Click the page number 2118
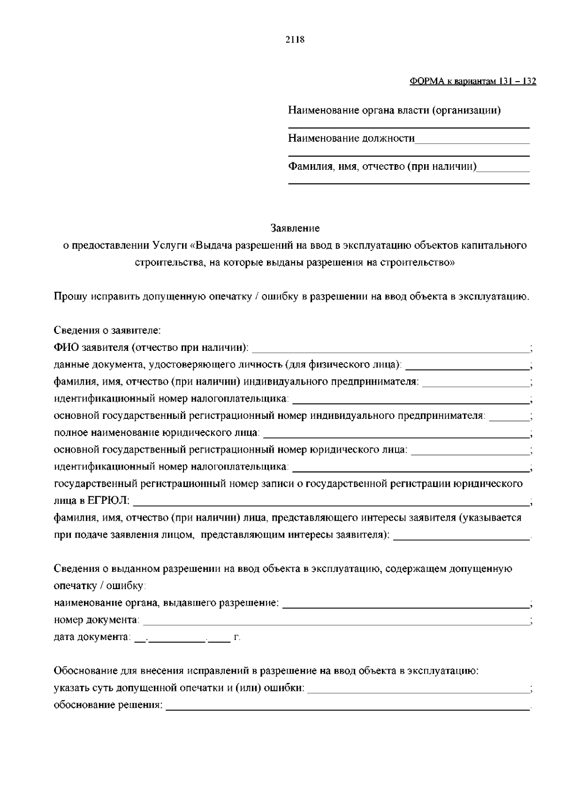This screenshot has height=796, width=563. [x=295, y=40]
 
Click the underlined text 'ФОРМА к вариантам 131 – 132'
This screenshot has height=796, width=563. [x=472, y=82]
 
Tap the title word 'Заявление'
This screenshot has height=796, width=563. [x=295, y=228]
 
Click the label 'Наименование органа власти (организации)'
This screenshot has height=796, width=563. [x=394, y=111]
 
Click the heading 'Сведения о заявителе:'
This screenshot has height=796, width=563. [x=107, y=330]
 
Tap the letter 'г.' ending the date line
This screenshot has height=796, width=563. [x=237, y=637]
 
